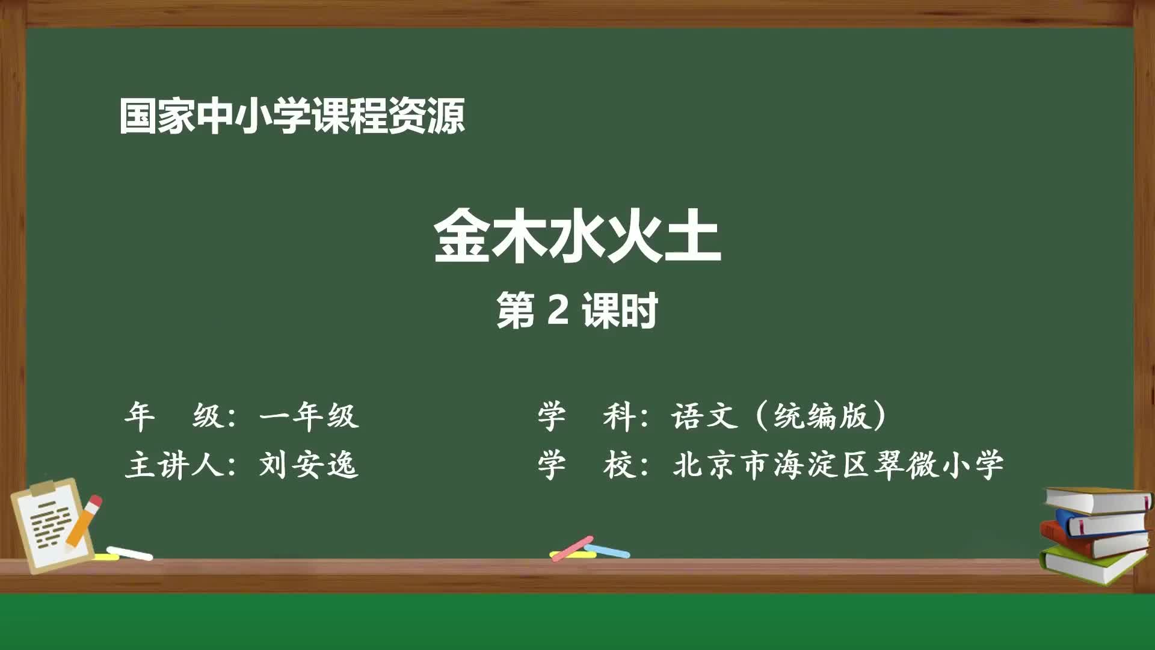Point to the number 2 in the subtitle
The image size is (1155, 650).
pos(559,311)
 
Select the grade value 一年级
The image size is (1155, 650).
pos(309,416)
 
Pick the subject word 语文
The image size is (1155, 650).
pos(704,416)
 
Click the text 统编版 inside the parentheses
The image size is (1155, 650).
pos(822,416)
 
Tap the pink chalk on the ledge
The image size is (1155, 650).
pos(572,548)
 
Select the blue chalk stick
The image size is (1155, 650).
pos(608,551)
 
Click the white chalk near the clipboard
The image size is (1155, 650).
pos(129,553)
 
